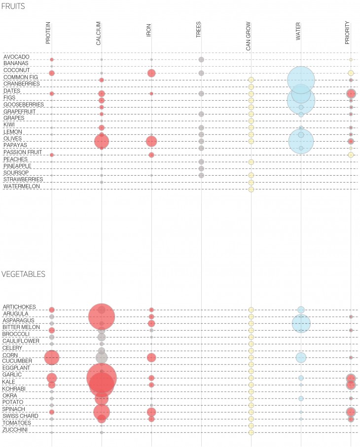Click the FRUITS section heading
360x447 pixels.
(13, 6)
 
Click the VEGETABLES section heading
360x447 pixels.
(24, 274)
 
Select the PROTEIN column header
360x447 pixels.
(48, 33)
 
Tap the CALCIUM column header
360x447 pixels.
(99, 34)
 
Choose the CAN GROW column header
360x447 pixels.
(248, 36)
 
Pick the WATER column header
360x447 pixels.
(298, 33)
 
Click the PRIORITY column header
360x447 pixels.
(347, 33)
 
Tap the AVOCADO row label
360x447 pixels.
(16, 57)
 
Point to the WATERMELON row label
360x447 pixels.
(22, 186)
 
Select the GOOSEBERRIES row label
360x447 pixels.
(24, 105)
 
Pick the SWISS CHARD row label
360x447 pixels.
(20, 416)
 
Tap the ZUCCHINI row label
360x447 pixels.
(16, 430)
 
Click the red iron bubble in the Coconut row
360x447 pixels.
(151, 73)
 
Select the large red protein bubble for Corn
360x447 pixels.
(52, 357)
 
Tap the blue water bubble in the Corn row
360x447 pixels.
(301, 357)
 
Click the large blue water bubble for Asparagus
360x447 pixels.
(301, 323)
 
